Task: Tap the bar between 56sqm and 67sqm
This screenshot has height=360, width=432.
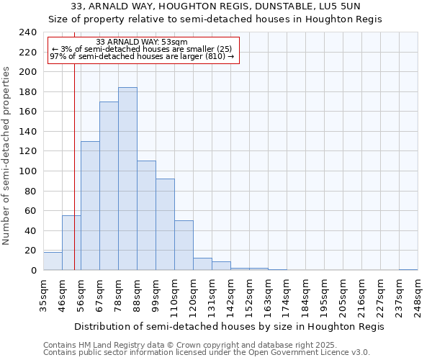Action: click(90, 205)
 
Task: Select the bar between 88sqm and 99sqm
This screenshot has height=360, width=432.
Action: click(146, 215)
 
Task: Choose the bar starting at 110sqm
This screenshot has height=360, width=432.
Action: click(184, 246)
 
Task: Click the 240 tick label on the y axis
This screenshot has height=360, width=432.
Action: click(28, 32)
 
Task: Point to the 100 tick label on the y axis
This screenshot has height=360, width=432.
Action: click(28, 171)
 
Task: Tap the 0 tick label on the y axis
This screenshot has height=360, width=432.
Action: click(34, 271)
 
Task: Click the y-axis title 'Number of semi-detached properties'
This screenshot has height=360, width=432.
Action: click(7, 156)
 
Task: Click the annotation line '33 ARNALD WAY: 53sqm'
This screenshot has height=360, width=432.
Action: click(142, 42)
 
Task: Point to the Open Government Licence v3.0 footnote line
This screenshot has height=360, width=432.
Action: click(207, 352)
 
